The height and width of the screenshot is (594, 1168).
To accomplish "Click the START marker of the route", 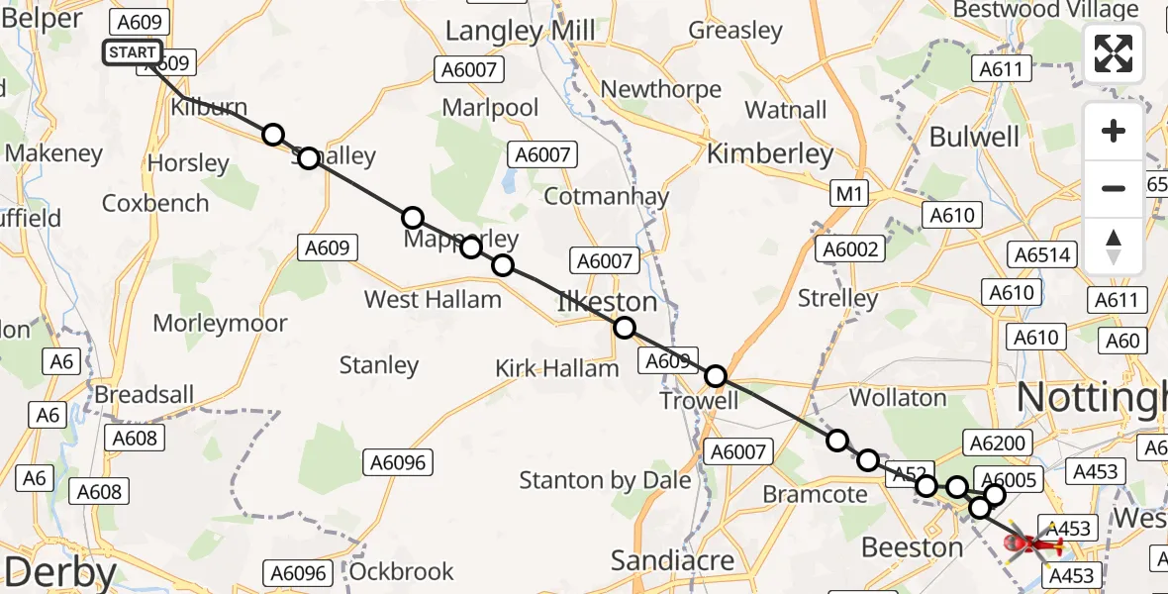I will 132,52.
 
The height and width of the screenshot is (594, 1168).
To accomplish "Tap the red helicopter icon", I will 1032,544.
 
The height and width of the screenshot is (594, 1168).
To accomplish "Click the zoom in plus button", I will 1114,131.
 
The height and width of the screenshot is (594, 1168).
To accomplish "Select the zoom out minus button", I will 1114,188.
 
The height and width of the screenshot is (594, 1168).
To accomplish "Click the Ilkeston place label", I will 608,302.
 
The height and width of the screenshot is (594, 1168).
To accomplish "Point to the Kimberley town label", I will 770,153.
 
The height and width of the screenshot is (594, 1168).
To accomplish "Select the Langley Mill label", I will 521,31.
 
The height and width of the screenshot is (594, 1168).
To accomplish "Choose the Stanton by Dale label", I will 606,481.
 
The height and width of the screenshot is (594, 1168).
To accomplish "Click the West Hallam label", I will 433,299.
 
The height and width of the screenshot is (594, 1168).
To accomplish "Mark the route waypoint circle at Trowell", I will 716,376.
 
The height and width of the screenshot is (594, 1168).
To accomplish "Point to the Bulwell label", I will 974,137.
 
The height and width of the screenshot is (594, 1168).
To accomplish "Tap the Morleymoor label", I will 220,323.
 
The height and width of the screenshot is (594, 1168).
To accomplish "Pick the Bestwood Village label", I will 1045,11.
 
